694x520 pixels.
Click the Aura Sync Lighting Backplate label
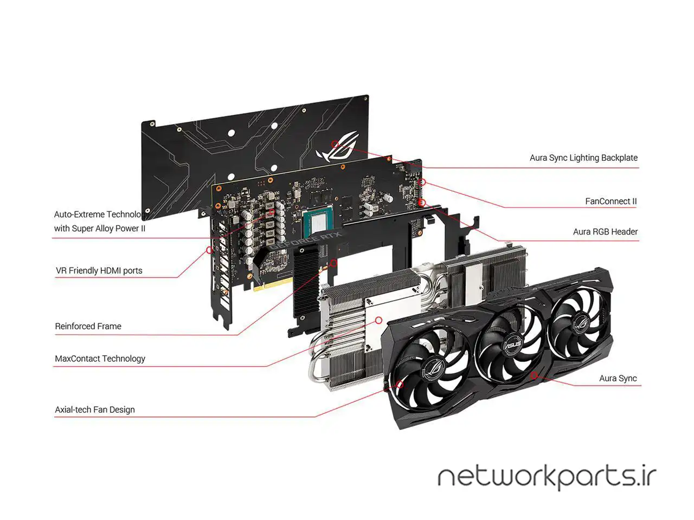(x=583, y=158)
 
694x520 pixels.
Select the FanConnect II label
(x=611, y=201)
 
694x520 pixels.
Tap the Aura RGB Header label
(x=605, y=231)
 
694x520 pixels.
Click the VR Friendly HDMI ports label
(x=99, y=270)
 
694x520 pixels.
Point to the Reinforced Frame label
(x=88, y=326)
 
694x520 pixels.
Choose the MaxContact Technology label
(x=100, y=358)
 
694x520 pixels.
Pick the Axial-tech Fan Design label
(x=95, y=409)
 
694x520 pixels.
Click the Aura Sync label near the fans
(x=618, y=378)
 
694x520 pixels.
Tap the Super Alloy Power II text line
(x=100, y=228)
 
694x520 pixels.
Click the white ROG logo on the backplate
(x=332, y=152)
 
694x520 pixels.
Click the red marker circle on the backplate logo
(x=335, y=144)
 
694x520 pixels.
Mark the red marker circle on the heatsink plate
(x=378, y=320)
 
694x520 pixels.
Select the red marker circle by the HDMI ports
(x=209, y=250)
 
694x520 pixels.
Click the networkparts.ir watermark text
(x=547, y=477)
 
